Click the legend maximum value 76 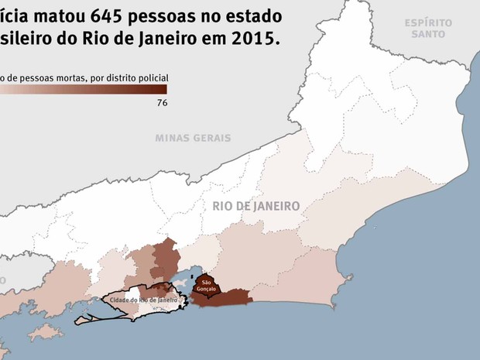[x=162, y=102]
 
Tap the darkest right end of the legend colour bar [x=163, y=88]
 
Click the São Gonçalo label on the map [x=206, y=285]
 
